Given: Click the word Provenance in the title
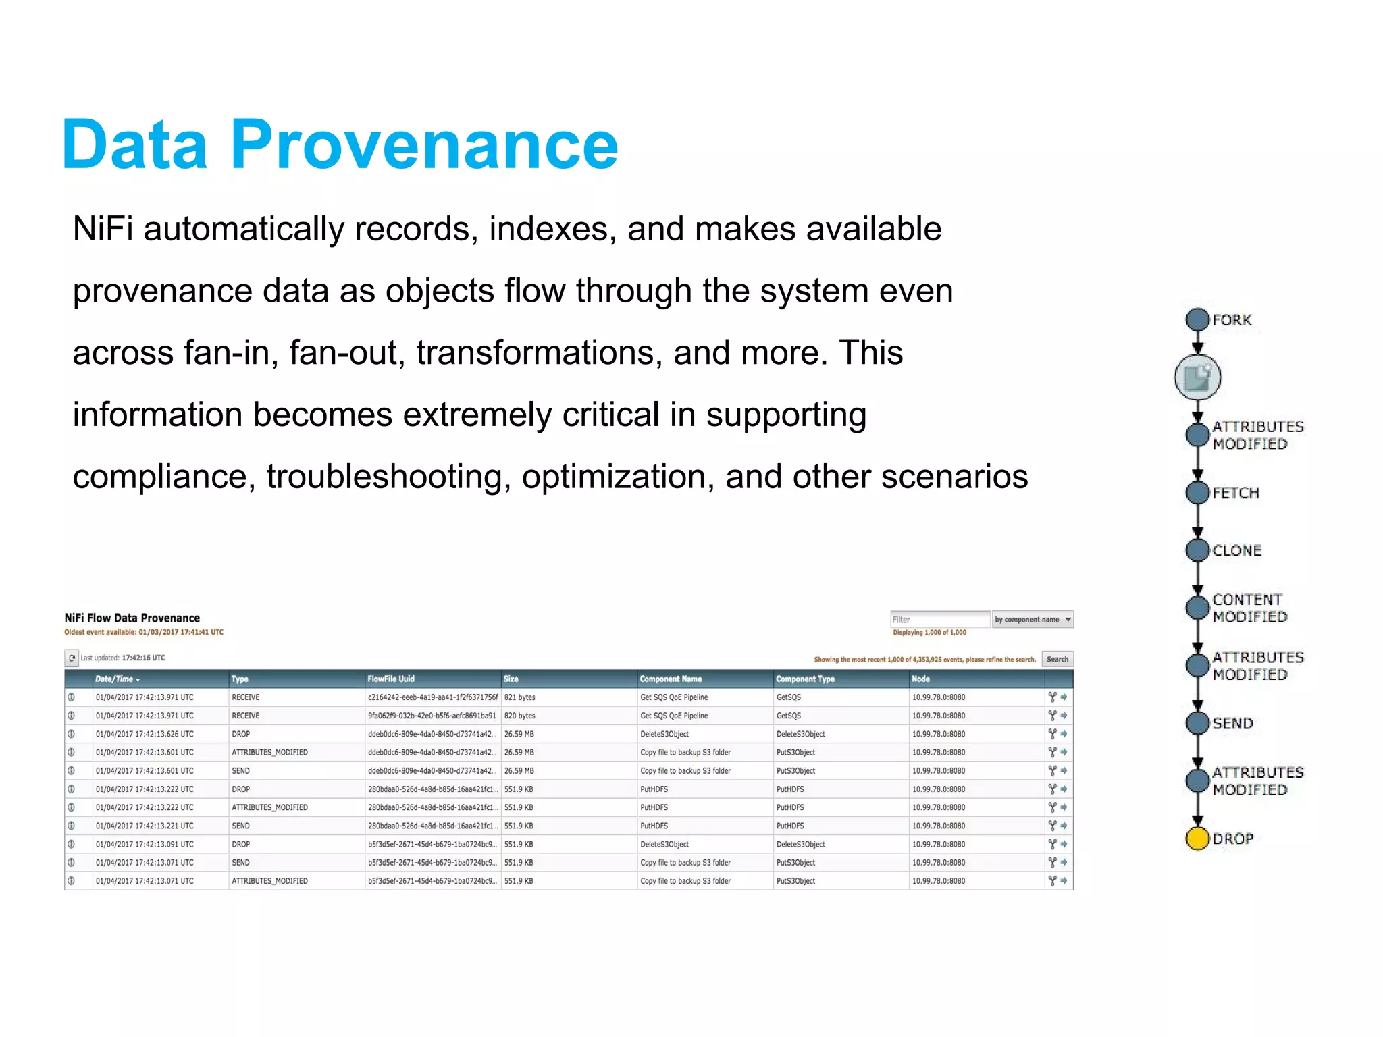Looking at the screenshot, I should pyautogui.click(x=424, y=144).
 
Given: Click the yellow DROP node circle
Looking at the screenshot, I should pyautogui.click(x=1197, y=838).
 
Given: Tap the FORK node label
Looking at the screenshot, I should pyautogui.click(x=1232, y=320).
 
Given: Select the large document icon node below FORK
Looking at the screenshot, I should pyautogui.click(x=1197, y=377).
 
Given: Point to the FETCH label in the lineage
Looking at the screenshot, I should pyautogui.click(x=1236, y=493).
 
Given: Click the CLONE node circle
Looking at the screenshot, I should pyautogui.click(x=1197, y=550).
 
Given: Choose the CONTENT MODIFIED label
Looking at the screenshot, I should pyautogui.click(x=1249, y=608).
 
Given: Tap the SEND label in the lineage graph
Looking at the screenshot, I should pyautogui.click(x=1232, y=723).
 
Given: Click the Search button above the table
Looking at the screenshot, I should pyautogui.click(x=1057, y=659).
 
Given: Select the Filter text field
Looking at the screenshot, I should pyautogui.click(x=939, y=619).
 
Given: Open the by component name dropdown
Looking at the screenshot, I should pyautogui.click(x=1032, y=619).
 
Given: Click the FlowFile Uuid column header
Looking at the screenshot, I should pyautogui.click(x=390, y=679).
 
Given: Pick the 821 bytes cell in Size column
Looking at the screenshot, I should pyautogui.click(x=519, y=697).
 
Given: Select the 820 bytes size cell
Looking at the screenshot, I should pyautogui.click(x=519, y=715).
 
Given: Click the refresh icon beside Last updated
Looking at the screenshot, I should pyautogui.click(x=72, y=658).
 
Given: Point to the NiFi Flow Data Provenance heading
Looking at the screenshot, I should pyautogui.click(x=132, y=618).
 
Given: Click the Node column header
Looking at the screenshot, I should pyautogui.click(x=920, y=679).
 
